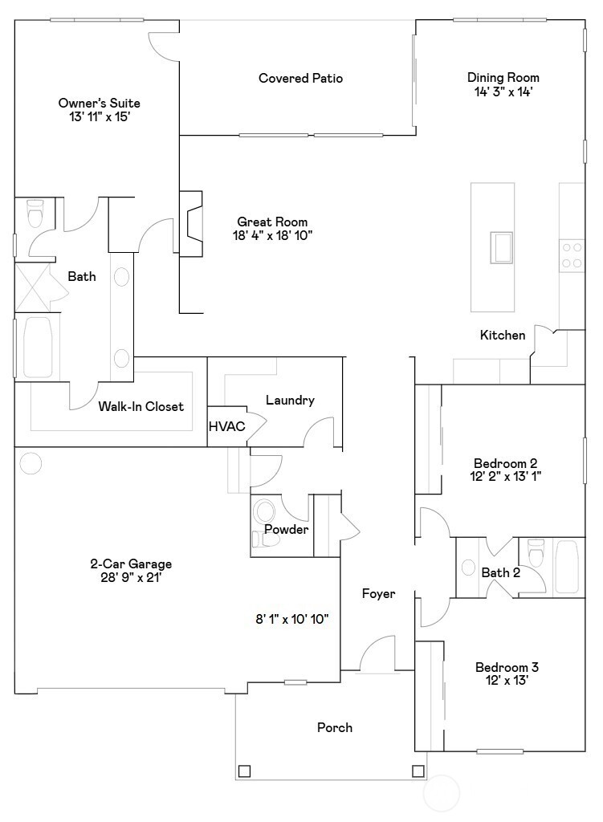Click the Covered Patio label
click(x=300, y=78)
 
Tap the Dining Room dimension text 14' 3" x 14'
click(x=503, y=92)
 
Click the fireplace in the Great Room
click(x=191, y=224)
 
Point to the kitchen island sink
click(x=503, y=246)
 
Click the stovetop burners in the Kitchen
click(x=572, y=255)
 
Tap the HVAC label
click(x=226, y=426)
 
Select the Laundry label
click(x=289, y=401)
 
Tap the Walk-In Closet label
click(x=141, y=406)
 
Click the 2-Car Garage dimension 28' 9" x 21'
click(x=131, y=577)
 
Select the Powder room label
click(x=286, y=530)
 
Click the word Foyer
click(x=378, y=594)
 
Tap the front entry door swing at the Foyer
click(x=377, y=654)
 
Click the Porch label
click(x=334, y=727)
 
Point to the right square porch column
click(x=418, y=771)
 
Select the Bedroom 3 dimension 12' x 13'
click(x=507, y=680)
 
